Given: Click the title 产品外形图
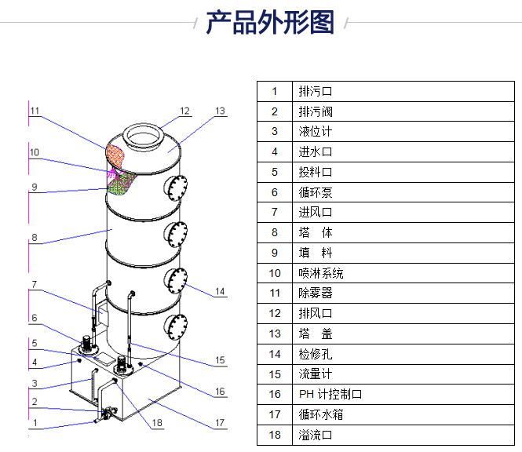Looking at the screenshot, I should pyautogui.click(x=269, y=23).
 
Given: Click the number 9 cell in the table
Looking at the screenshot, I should pyautogui.click(x=275, y=253).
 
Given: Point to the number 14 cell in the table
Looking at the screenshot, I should pyautogui.click(x=275, y=354).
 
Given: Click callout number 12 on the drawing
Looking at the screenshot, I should pyautogui.click(x=185, y=111).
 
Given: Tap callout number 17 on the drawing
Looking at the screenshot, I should pyautogui.click(x=221, y=424).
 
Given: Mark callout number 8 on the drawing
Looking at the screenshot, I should pyautogui.click(x=34, y=237).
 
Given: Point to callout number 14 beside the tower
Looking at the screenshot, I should pyautogui.click(x=221, y=292).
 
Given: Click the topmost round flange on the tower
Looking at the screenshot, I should pyautogui.click(x=176, y=188).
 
